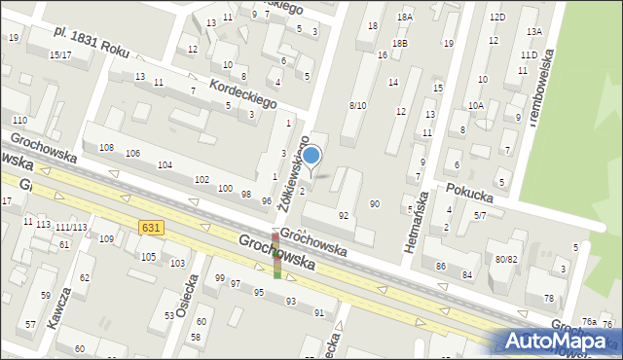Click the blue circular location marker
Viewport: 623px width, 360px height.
tap(311, 155)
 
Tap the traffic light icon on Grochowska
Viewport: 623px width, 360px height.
tap(276, 255)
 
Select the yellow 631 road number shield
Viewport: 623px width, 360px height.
tap(150, 227)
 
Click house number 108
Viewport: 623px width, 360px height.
tap(106, 147)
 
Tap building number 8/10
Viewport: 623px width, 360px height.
tap(357, 105)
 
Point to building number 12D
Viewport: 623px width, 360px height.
tap(497, 18)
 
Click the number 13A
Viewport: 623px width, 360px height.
tap(533, 32)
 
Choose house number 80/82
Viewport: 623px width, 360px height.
tap(505, 259)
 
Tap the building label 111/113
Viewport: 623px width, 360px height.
tap(70, 227)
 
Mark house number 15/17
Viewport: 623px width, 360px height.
tap(60, 55)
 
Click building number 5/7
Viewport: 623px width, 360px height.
tap(480, 214)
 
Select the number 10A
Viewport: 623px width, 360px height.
tap(475, 105)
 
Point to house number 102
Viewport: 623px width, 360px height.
tap(202, 180)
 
